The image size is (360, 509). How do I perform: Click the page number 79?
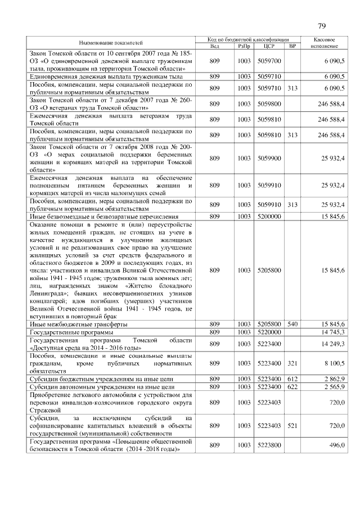coord(322,26)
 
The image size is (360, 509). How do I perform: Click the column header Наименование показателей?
coord(110,43)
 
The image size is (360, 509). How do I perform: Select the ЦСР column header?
coord(264,46)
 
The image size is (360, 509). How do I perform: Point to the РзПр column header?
coord(244,46)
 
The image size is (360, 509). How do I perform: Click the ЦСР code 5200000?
coord(264,216)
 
